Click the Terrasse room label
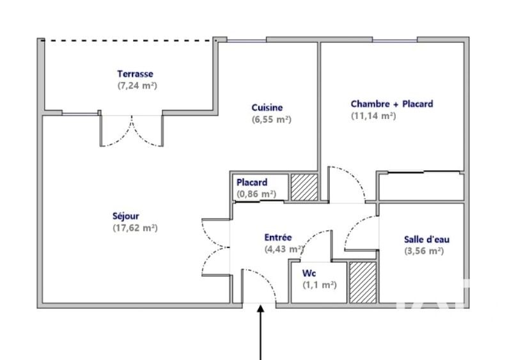[135, 74]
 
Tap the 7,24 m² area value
[137, 86]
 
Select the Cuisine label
[267, 107]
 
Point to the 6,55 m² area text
[272, 120]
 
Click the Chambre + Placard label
[392, 104]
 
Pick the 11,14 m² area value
[373, 116]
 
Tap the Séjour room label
[126, 215]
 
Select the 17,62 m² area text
[135, 228]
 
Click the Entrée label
[278, 237]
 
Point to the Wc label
[309, 273]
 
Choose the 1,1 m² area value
[320, 285]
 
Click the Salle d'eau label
[427, 239]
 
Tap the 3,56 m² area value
[424, 251]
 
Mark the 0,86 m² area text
[256, 194]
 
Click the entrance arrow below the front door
[261, 332]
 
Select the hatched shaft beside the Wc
[363, 283]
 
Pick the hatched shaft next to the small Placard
[304, 187]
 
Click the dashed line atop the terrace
[129, 40]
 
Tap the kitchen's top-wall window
[246, 41]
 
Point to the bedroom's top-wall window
[395, 41]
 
